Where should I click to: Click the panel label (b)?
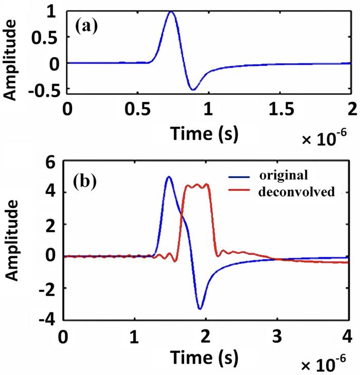click(x=91, y=183)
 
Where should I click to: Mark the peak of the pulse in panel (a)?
click(x=172, y=12)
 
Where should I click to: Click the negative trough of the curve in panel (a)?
click(x=193, y=90)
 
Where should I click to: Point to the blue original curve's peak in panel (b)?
click(x=169, y=177)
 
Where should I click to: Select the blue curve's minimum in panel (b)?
click(x=200, y=308)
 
